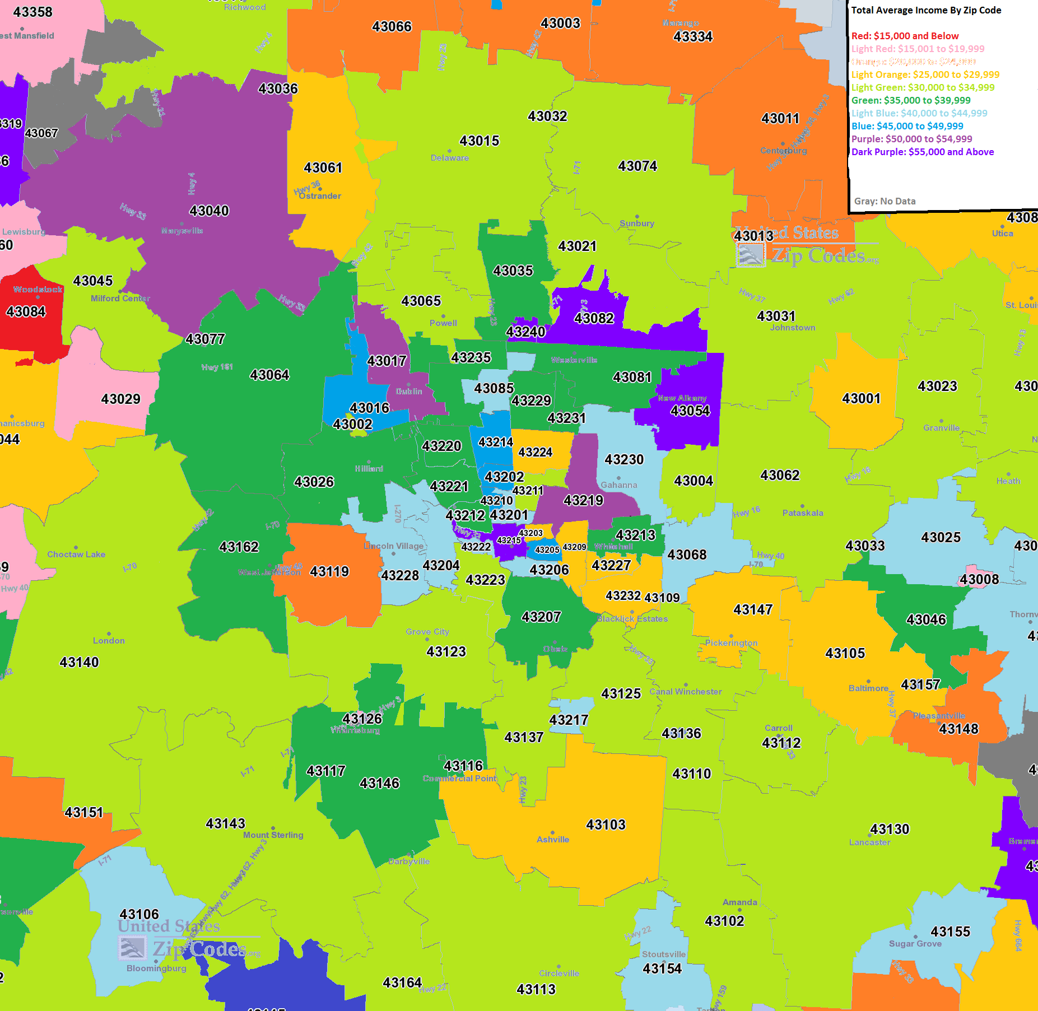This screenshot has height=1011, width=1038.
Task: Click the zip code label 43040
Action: pyautogui.click(x=209, y=211)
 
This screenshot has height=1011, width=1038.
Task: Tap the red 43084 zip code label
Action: pyautogui.click(x=26, y=312)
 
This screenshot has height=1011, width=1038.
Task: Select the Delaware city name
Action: pyautogui.click(x=449, y=158)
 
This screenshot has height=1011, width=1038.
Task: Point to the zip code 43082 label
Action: pyautogui.click(x=594, y=319)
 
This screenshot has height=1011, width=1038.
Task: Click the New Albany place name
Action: pyautogui.click(x=682, y=398)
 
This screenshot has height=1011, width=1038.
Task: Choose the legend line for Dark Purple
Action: pyautogui.click(x=922, y=152)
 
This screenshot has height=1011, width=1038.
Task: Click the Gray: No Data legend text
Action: pyautogui.click(x=885, y=201)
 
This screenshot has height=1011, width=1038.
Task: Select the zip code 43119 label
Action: pyautogui.click(x=329, y=572)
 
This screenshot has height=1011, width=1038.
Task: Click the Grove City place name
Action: pyautogui.click(x=427, y=632)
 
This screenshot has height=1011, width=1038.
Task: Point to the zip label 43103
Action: pyautogui.click(x=606, y=825)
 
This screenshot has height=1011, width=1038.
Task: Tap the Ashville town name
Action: pyautogui.click(x=552, y=840)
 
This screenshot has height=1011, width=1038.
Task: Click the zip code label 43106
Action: pyautogui.click(x=139, y=915)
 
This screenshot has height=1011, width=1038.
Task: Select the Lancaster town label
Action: pyautogui.click(x=869, y=842)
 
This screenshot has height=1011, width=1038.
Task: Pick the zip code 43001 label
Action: pyautogui.click(x=861, y=399)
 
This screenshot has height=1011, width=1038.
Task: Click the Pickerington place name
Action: pyautogui.click(x=731, y=643)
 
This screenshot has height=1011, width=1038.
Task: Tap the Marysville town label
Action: pyautogui.click(x=181, y=231)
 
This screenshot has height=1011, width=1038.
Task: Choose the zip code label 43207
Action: pyautogui.click(x=541, y=617)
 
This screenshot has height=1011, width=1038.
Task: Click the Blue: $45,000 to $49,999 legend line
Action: pyautogui.click(x=907, y=126)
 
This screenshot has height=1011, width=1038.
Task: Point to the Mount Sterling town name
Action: pyautogui.click(x=273, y=835)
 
